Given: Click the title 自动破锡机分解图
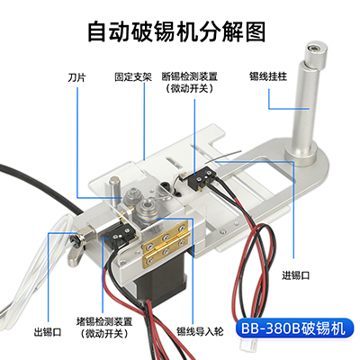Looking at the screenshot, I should (x=180, y=32).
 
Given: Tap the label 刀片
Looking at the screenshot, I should (x=77, y=77).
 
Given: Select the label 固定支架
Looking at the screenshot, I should (x=131, y=77).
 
